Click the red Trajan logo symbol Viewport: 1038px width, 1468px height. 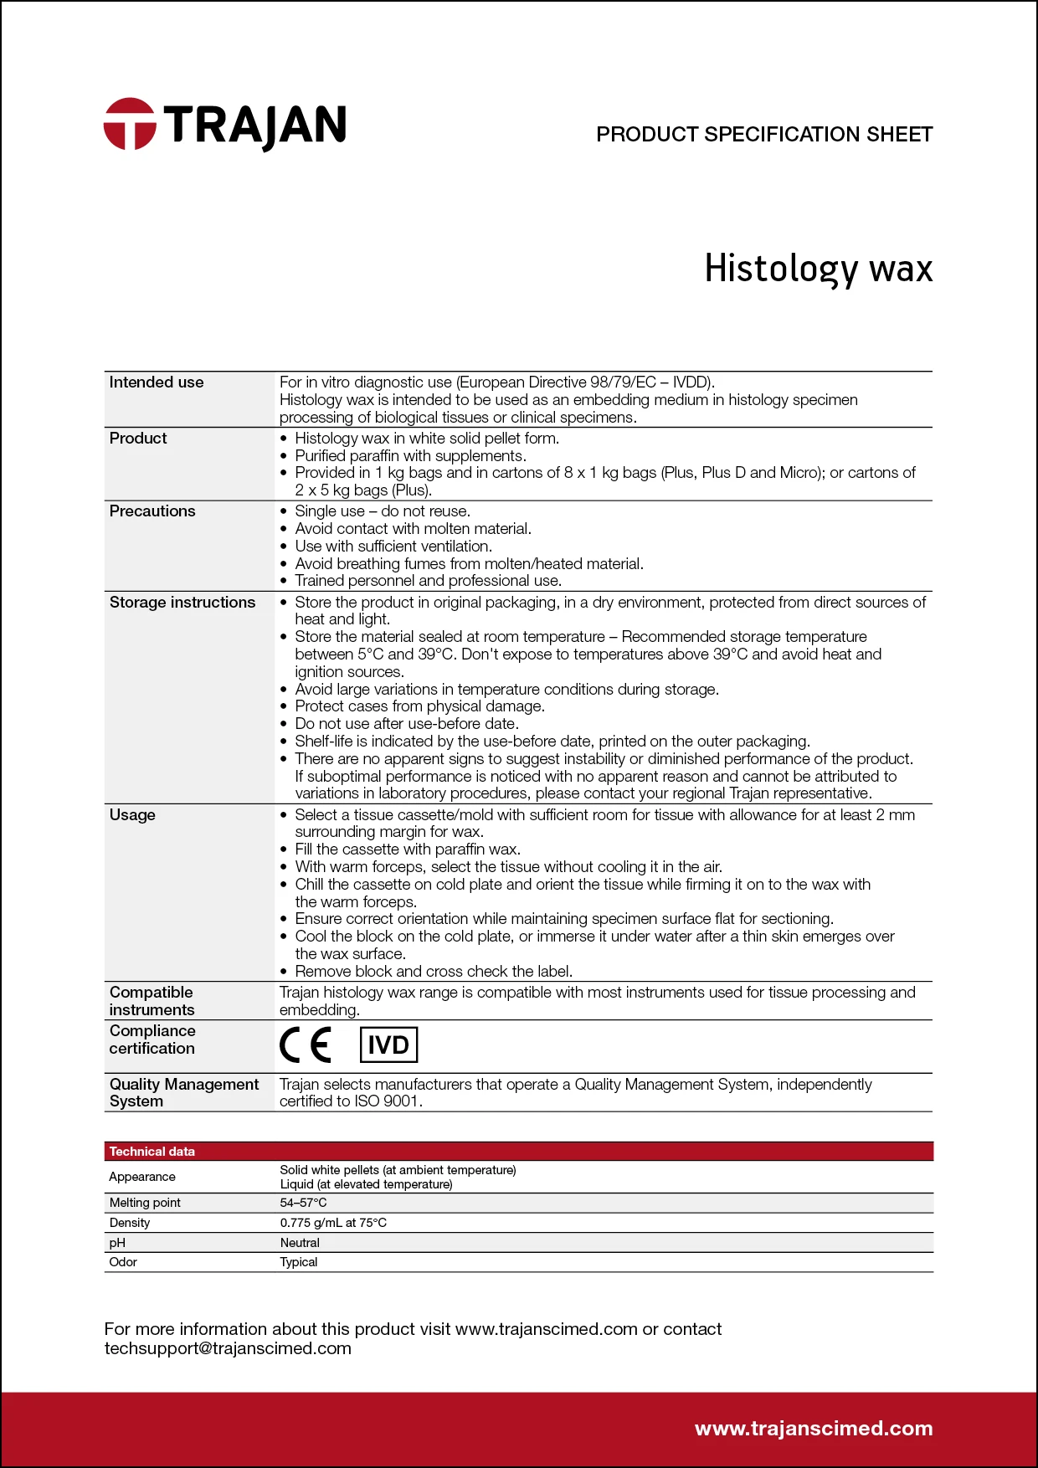coord(130,124)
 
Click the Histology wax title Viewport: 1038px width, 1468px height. coord(818,269)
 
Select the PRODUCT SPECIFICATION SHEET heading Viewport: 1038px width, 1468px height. coord(763,135)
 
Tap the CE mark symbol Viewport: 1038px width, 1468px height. coord(306,1045)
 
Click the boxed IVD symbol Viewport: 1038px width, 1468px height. coord(388,1045)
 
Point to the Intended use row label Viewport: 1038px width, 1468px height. coord(157,382)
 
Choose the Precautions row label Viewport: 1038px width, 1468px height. coord(152,511)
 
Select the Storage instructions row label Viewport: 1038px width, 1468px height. coord(182,603)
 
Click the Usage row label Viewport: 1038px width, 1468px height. coord(132,815)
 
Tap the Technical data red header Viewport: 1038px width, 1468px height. coord(152,1152)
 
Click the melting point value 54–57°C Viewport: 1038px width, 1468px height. coord(303,1203)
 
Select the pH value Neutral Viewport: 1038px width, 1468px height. coord(300,1243)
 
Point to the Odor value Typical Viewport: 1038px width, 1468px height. coord(299,1262)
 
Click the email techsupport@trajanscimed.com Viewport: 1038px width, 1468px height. coord(228,1348)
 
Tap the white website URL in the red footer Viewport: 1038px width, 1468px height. coord(814,1429)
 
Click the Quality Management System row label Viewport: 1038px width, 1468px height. coord(184,1093)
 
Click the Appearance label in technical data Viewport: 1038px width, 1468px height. coord(142,1177)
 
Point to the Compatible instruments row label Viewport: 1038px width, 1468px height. coord(152,1001)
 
